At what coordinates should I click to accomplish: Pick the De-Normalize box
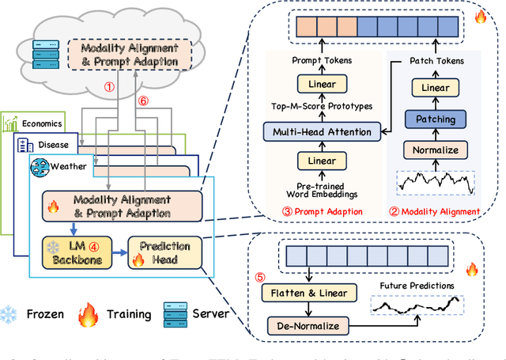[301, 325]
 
